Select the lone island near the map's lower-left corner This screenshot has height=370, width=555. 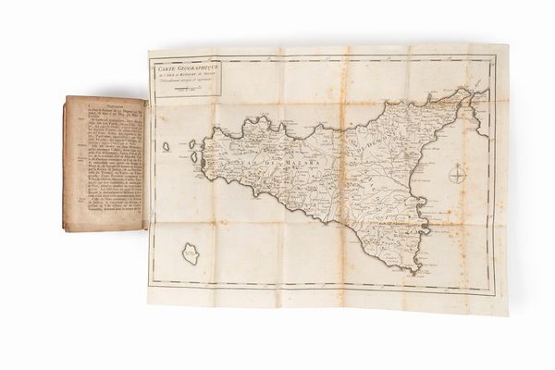tap(191, 253)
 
